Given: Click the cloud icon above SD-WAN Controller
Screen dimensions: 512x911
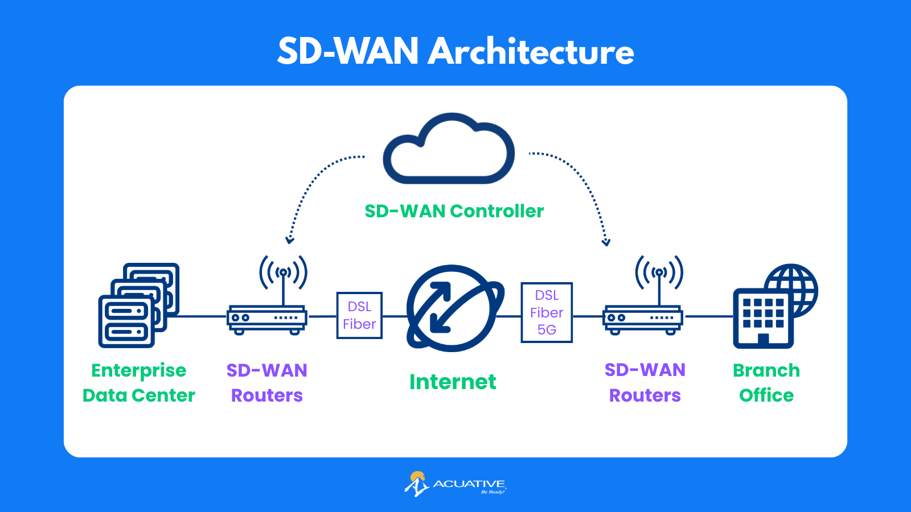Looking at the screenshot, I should (449, 150).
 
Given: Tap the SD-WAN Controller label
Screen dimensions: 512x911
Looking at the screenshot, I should (454, 211).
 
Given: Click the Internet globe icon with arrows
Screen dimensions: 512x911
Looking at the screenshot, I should (453, 308).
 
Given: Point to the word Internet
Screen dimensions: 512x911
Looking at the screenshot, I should (453, 382).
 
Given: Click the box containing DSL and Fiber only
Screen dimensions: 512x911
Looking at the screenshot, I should (359, 315).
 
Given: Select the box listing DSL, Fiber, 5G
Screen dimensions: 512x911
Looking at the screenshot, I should (547, 312).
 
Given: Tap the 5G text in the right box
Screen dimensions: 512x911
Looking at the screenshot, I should (547, 330).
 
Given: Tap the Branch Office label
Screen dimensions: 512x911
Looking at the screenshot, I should (766, 382).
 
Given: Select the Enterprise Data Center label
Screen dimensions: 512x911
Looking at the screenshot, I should (139, 382).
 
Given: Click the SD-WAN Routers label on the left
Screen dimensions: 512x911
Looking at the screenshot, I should (267, 382).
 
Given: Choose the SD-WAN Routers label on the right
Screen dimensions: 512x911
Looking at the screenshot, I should (645, 382).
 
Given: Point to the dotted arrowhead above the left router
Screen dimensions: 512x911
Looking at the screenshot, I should (290, 240).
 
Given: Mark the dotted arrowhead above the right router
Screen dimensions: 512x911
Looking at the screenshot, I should (606, 242).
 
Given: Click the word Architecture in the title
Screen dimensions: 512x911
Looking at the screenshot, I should (531, 52).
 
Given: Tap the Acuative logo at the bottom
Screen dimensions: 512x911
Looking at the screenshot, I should (455, 484).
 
